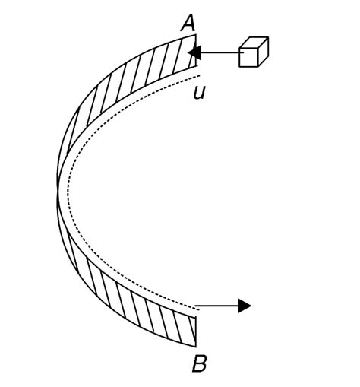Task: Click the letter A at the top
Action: pos(188,23)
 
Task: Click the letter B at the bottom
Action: pos(199,364)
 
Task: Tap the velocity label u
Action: pos(199,93)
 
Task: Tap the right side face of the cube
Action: pos(264,52)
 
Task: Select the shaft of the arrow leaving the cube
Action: pos(220,52)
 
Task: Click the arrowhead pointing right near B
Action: pos(244,306)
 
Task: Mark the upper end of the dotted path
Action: pos(199,77)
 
